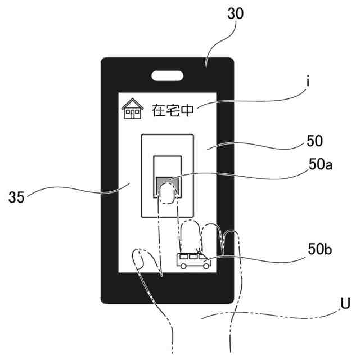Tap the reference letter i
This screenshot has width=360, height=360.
[308, 82]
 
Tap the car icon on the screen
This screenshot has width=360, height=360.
[193, 260]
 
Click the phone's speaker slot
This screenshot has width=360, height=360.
[167, 74]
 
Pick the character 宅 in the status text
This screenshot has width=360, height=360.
[174, 110]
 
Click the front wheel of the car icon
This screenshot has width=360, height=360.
[205, 266]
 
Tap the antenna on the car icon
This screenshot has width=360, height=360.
[197, 250]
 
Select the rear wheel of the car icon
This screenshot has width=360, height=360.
[184, 266]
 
